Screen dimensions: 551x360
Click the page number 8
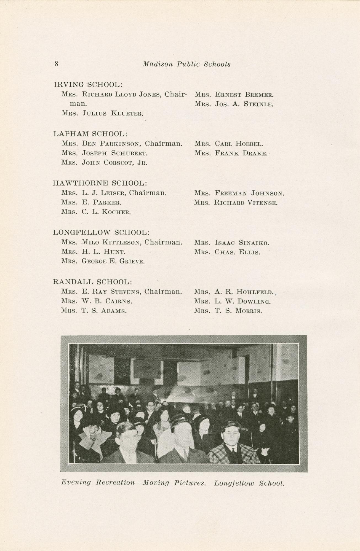click(56, 64)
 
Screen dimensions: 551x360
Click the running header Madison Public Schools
click(186, 64)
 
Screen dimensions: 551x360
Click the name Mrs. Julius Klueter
click(102, 113)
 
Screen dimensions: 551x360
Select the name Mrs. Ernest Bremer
click(234, 95)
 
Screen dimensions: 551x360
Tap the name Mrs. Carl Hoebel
click(229, 144)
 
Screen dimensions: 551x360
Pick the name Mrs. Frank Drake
click(231, 153)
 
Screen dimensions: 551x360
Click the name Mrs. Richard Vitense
click(236, 203)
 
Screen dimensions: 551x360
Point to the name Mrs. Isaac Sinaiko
click(231, 243)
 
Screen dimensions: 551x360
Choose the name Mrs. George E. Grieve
click(103, 261)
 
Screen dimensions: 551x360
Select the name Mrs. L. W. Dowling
click(232, 301)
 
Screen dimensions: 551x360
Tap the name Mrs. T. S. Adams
click(94, 311)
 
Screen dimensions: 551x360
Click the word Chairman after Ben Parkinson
click(164, 144)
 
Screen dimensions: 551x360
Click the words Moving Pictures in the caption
click(174, 483)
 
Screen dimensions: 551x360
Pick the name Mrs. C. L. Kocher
click(96, 212)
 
